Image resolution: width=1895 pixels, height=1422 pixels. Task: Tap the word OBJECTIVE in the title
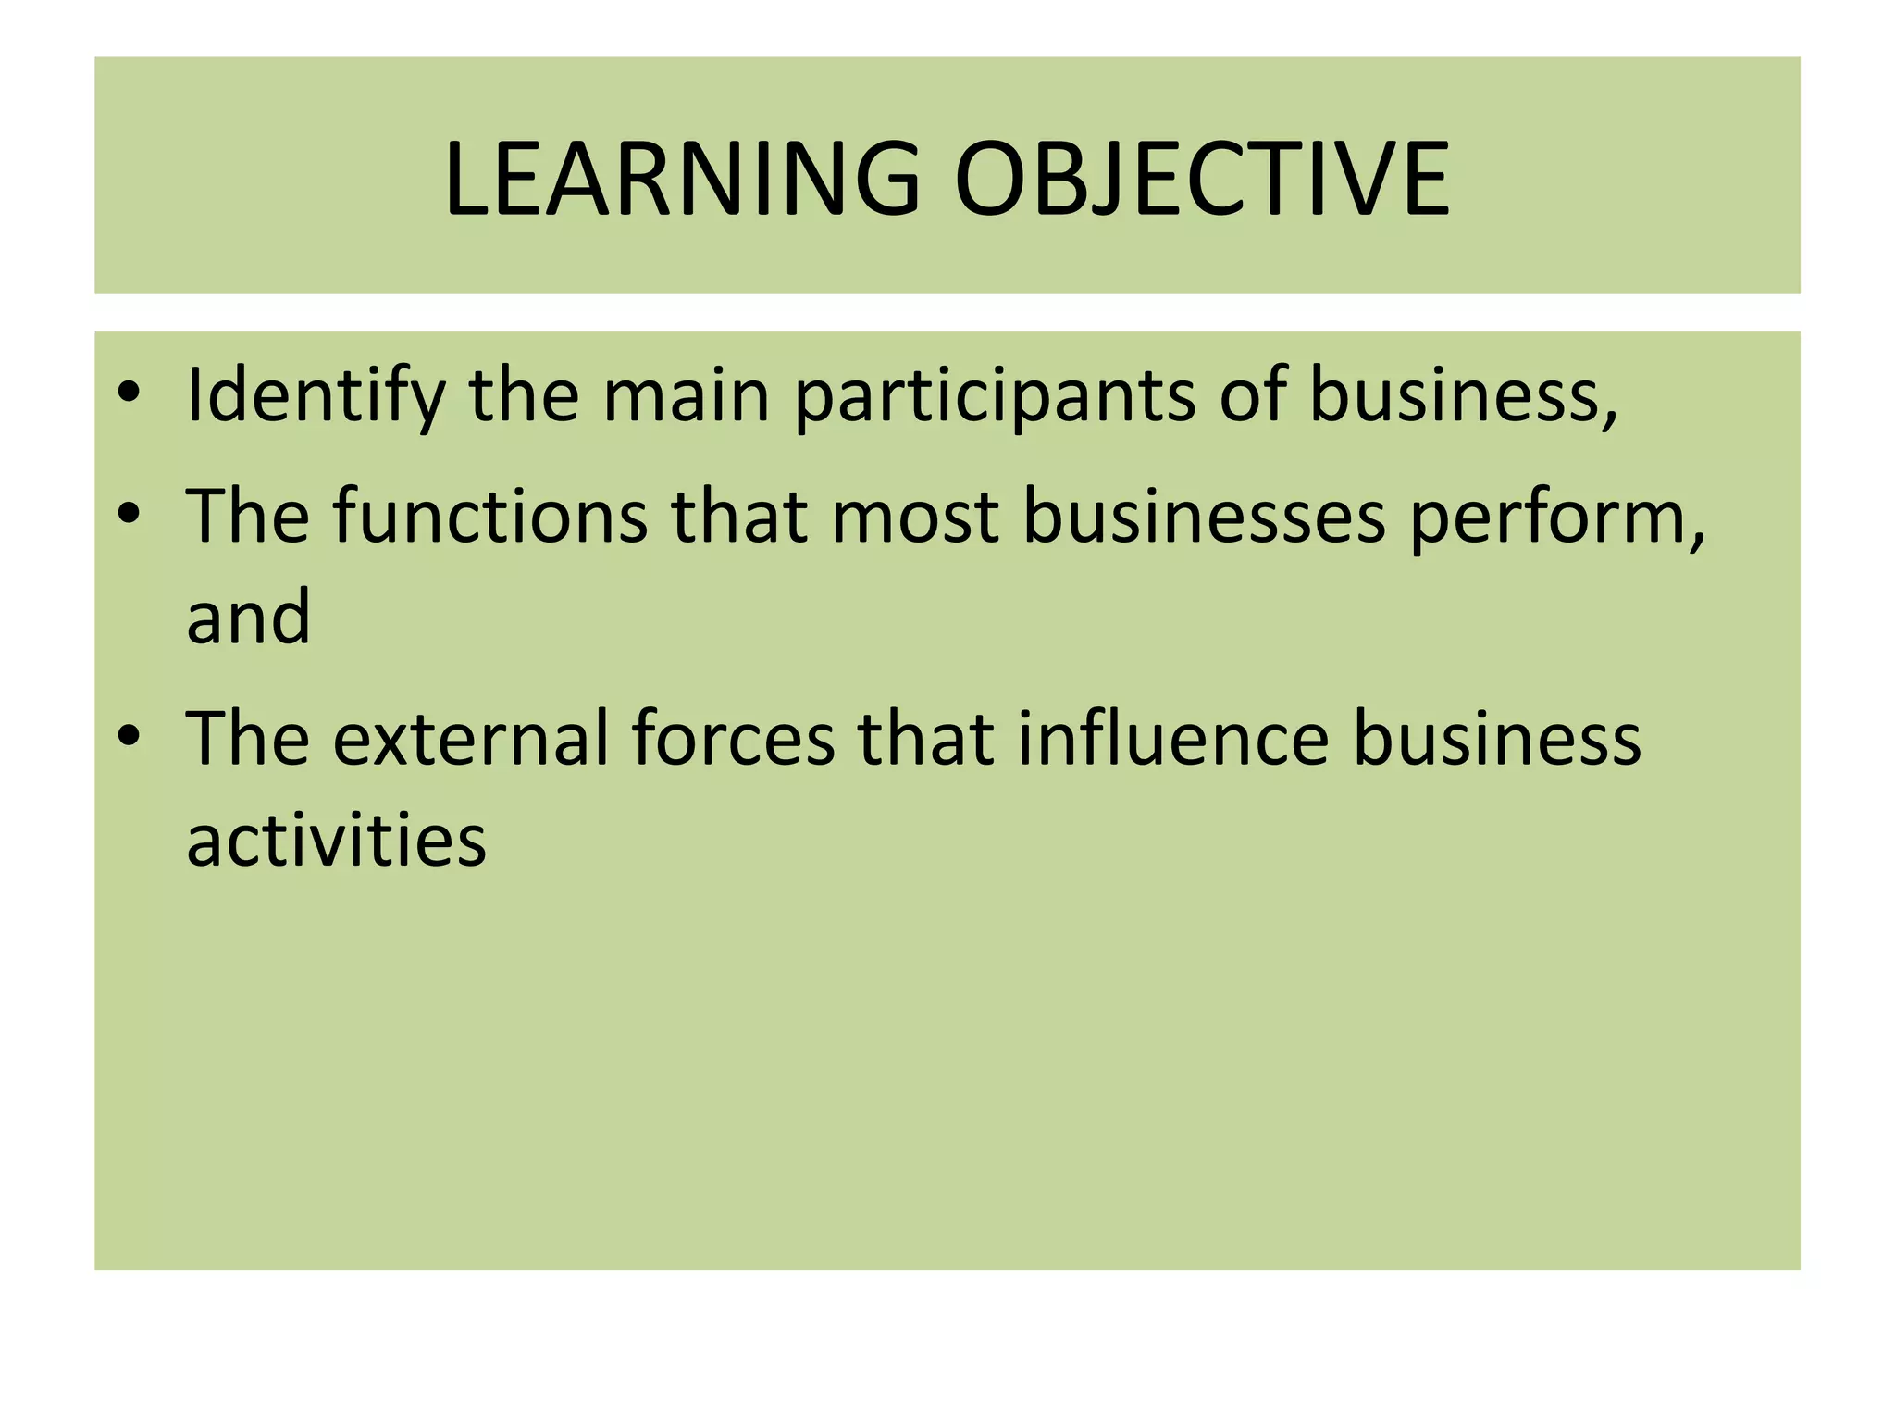[x=1201, y=179]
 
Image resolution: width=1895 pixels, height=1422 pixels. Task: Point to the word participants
[x=994, y=395]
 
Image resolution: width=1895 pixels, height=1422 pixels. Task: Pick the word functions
[x=490, y=516]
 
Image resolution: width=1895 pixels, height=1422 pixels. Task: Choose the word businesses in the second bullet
[x=1203, y=516]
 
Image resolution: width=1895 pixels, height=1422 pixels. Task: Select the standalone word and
[x=248, y=617]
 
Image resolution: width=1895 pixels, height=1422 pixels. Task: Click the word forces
[x=733, y=739]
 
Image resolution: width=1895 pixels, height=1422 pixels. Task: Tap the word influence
[x=1172, y=739]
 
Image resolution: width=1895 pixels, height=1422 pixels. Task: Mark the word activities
[x=336, y=840]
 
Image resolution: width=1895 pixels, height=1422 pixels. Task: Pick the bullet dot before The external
[x=129, y=735]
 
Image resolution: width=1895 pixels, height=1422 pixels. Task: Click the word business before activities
[x=1496, y=739]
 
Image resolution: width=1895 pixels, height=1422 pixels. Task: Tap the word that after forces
[x=925, y=739]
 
